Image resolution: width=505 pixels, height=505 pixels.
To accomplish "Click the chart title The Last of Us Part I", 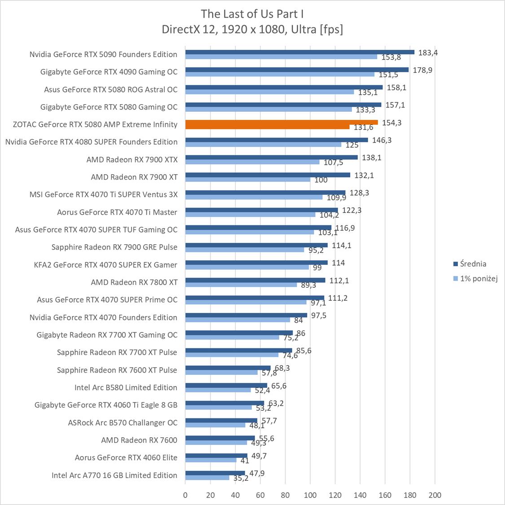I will coord(252,13).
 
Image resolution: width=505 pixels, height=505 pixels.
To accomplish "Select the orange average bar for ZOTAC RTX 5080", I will coord(281,122).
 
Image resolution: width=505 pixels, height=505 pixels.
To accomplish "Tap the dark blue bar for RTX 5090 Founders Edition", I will coord(299,52).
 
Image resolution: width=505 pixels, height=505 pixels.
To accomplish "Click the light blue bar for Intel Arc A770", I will coord(207,478).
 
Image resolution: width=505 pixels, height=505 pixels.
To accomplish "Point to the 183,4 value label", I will coord(428,53).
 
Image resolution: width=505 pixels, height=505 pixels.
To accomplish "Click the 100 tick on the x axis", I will coord(310,495).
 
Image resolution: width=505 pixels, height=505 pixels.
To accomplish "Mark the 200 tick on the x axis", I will coord(435,495).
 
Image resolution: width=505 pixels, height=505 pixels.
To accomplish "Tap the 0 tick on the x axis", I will coord(185,495).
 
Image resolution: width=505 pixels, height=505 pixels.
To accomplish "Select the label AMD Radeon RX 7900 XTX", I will coord(132,159).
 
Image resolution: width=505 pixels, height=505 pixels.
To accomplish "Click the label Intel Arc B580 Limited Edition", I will coord(126,387).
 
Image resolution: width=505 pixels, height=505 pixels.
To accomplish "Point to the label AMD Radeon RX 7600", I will coord(139,440).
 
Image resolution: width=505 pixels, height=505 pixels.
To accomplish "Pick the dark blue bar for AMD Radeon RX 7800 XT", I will coord(255,280).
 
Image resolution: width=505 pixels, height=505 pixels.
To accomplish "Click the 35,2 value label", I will coord(241,479).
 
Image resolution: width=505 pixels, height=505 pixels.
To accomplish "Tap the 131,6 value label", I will coord(364,127).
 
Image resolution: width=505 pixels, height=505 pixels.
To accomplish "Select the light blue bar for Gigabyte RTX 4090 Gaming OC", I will coord(280,74).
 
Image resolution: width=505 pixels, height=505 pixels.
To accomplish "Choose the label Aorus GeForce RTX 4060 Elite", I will coord(126,457).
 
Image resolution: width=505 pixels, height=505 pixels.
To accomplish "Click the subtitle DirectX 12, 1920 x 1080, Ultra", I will coord(252,29).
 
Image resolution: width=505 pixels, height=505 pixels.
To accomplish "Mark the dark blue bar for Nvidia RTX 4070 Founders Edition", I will coord(246,315).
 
